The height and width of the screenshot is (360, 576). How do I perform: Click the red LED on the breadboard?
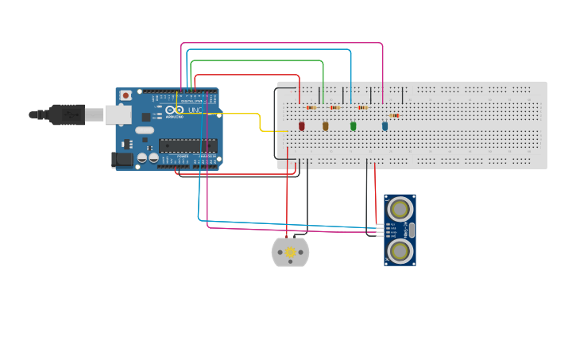click(302, 126)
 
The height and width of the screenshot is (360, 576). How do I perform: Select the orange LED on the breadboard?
click(325, 126)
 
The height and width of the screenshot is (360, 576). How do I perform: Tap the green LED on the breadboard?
click(354, 126)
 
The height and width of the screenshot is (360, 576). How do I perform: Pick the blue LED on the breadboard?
click(385, 126)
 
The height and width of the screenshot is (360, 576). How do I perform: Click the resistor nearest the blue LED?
click(394, 115)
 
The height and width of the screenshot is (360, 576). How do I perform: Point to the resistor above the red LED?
click(311, 107)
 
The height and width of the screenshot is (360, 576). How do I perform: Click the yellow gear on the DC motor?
click(290, 253)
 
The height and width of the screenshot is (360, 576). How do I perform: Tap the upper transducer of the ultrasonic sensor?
click(400, 209)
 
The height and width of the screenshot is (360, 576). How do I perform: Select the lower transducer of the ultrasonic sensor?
click(400, 250)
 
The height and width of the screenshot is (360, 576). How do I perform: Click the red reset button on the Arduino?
click(125, 95)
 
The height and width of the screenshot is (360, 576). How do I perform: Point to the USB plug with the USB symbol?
click(68, 114)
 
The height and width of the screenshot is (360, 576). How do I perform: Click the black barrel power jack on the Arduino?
click(122, 160)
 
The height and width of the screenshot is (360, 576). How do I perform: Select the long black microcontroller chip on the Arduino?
click(187, 145)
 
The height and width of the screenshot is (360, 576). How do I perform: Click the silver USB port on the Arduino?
click(118, 115)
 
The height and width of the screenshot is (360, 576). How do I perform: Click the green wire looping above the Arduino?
click(254, 60)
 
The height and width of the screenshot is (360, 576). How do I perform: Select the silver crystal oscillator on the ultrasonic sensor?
click(412, 230)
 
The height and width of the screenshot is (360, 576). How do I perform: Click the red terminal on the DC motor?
click(288, 238)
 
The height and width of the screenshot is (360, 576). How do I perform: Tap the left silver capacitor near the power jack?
click(141, 157)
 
